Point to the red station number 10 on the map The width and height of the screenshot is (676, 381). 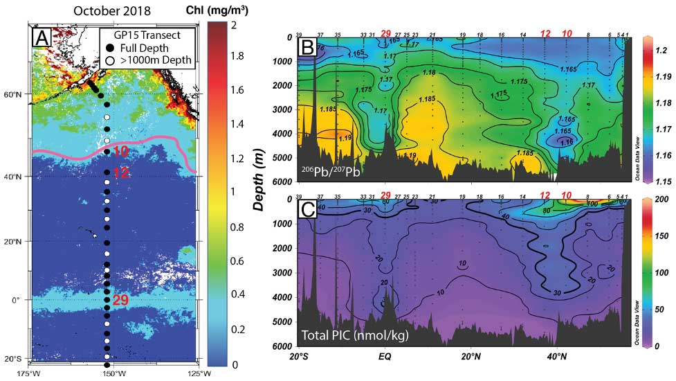(120, 151)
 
